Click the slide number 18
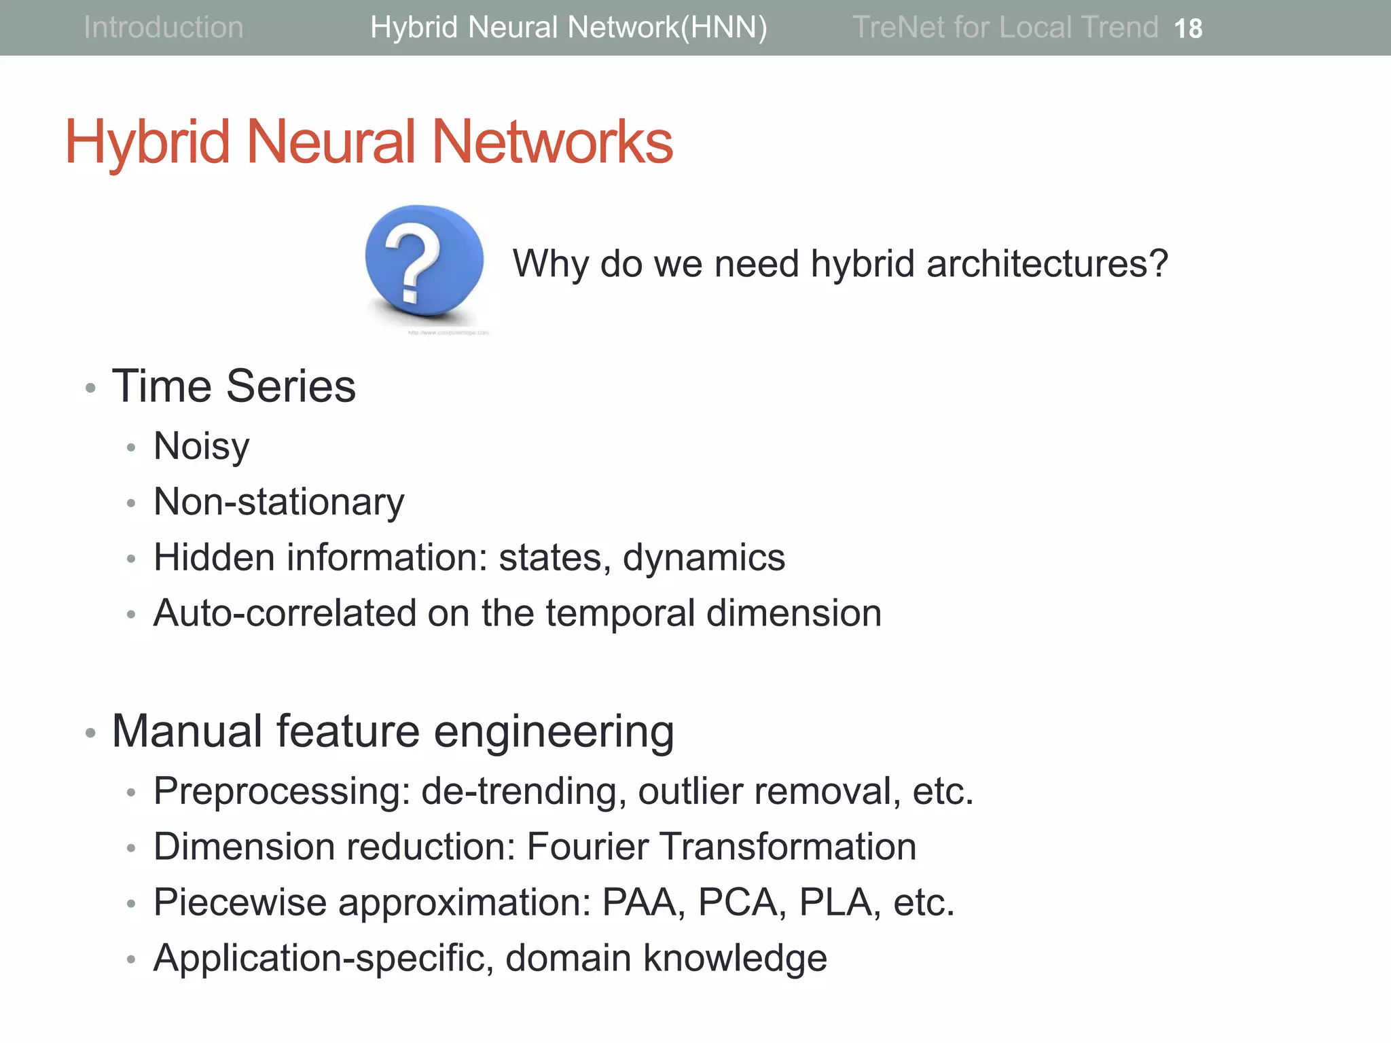tap(1188, 29)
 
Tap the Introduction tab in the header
tap(163, 27)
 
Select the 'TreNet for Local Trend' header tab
tap(1005, 27)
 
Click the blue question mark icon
tap(424, 261)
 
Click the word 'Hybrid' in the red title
tap(147, 142)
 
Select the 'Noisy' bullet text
tap(202, 447)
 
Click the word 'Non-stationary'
tap(278, 502)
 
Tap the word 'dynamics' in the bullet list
tap(704, 558)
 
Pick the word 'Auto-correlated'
tap(285, 613)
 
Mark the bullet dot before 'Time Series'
tap(90, 388)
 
